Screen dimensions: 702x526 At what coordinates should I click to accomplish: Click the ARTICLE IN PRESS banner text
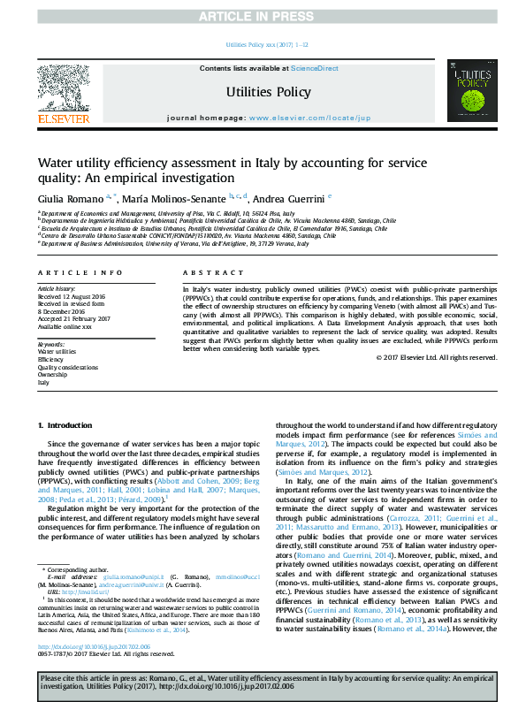click(x=263, y=17)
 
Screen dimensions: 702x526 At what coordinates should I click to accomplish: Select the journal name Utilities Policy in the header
click(x=268, y=92)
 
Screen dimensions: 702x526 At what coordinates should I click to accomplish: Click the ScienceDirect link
click(x=315, y=68)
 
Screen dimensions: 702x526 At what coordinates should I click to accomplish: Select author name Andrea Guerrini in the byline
click(x=293, y=198)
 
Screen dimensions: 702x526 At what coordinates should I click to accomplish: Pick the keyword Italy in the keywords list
click(x=43, y=384)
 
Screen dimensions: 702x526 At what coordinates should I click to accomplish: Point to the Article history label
click(x=57, y=289)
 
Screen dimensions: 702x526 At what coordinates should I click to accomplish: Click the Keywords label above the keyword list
click(x=51, y=343)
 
